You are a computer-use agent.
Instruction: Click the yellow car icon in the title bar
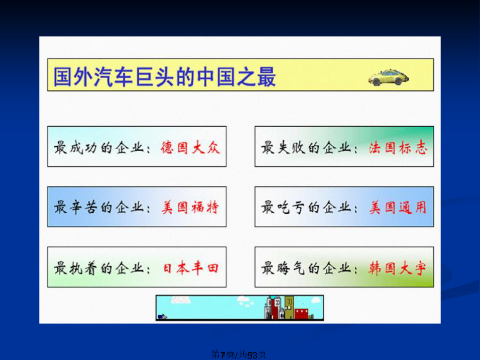pyautogui.click(x=388, y=77)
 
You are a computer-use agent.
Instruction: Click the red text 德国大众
pyautogui.click(x=190, y=148)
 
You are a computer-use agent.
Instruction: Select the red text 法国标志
pyautogui.click(x=397, y=148)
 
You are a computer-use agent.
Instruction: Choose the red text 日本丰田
pyautogui.click(x=190, y=268)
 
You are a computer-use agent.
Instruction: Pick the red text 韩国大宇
pyautogui.click(x=397, y=268)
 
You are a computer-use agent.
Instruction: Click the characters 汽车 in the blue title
pyautogui.click(x=113, y=77)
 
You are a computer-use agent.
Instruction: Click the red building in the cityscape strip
pyautogui.click(x=301, y=314)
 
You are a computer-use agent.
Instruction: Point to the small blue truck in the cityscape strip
pyautogui.click(x=162, y=316)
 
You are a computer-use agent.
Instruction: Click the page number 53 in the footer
pyautogui.click(x=252, y=355)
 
